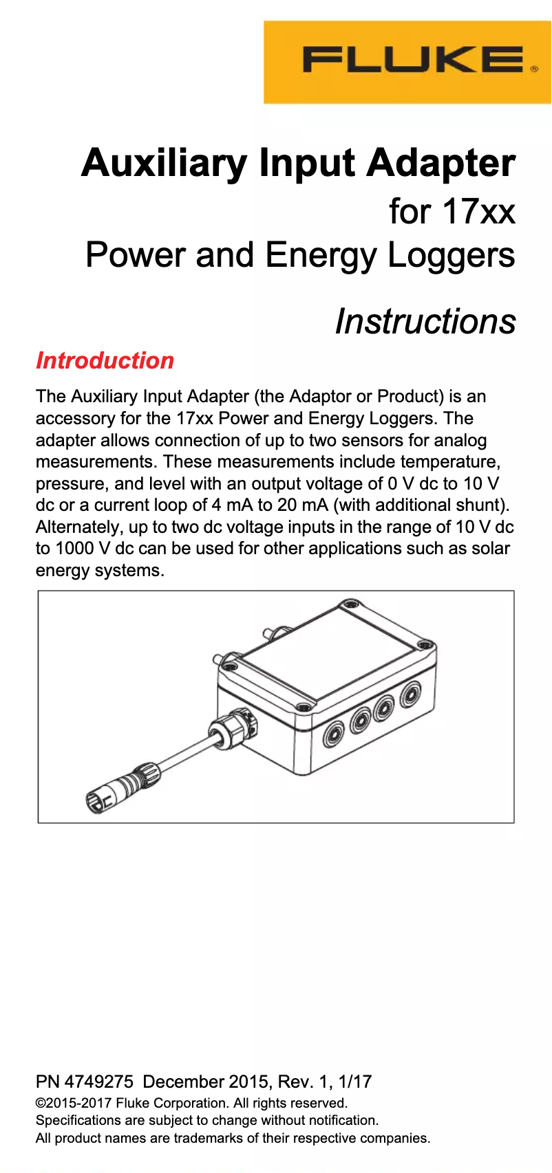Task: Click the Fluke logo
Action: pyautogui.click(x=413, y=61)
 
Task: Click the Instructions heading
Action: pyautogui.click(x=425, y=321)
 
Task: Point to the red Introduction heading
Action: pyautogui.click(x=105, y=360)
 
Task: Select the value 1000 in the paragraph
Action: pyautogui.click(x=74, y=549)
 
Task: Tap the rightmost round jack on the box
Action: pyautogui.click(x=411, y=693)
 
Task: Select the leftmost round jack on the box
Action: pyautogui.click(x=335, y=734)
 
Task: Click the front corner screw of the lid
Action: pyautogui.click(x=304, y=708)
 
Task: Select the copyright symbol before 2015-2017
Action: pyautogui.click(x=40, y=1104)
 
